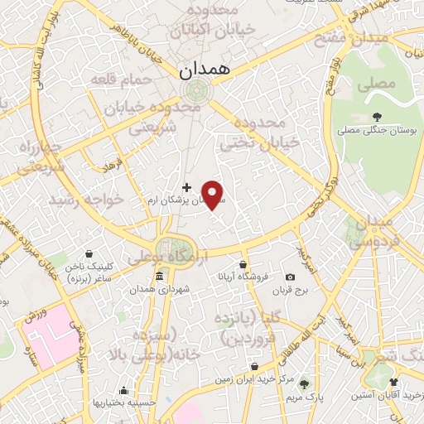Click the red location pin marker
[214, 194]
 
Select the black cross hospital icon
[185, 187]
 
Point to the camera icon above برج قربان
[290, 277]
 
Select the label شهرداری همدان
[159, 289]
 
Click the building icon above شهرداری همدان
[159, 277]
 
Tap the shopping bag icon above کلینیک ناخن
[89, 254]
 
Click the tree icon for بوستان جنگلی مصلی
[378, 117]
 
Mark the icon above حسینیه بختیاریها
[123, 390]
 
